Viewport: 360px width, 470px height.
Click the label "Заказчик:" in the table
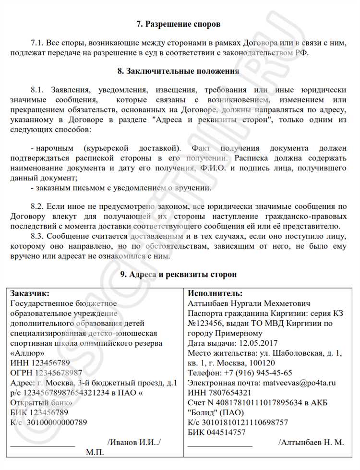30,293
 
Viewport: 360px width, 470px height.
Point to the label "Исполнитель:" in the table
215,293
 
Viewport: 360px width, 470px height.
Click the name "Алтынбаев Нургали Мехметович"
249,303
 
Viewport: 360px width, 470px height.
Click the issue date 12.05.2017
258,343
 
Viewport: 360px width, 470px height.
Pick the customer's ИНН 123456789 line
39,363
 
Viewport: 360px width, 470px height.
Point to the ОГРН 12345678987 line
46,373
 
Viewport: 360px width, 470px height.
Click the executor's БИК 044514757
216,433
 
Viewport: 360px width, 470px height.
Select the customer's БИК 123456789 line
39,412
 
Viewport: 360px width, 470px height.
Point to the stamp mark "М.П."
95,453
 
